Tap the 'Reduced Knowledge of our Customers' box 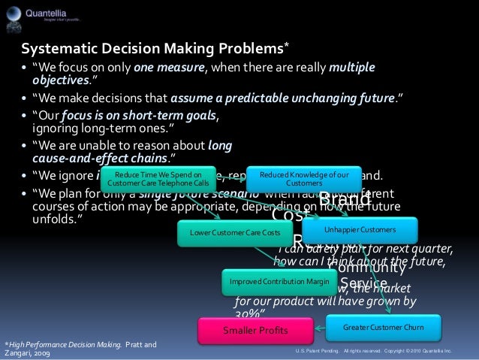[x=303, y=178]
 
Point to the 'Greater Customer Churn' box [x=383, y=328]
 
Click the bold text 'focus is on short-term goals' [x=140, y=116]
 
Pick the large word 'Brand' [x=345, y=201]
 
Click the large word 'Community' [x=367, y=268]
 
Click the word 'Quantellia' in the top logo [x=49, y=11]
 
